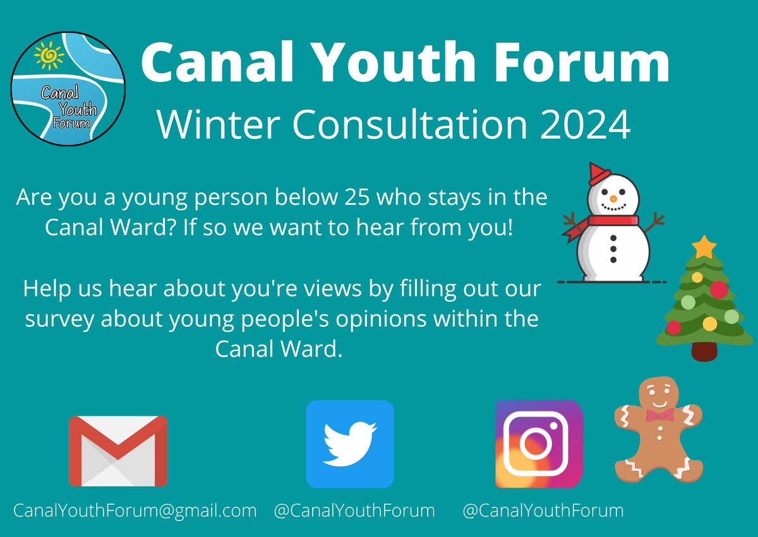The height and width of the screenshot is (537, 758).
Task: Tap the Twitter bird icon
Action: pyautogui.click(x=349, y=444)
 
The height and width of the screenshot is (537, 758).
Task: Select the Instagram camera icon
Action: pyautogui.click(x=538, y=444)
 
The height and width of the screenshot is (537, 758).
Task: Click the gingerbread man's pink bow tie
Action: pyautogui.click(x=659, y=415)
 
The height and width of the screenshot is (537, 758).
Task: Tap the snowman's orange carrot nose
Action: pyautogui.click(x=612, y=198)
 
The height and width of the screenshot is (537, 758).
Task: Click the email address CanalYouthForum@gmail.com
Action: pyautogui.click(x=135, y=510)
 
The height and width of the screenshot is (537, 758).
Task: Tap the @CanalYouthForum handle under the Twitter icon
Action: pyautogui.click(x=354, y=510)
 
